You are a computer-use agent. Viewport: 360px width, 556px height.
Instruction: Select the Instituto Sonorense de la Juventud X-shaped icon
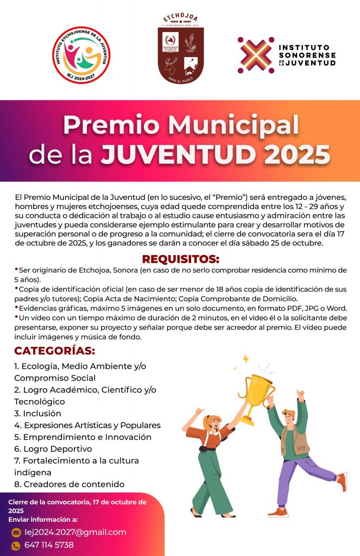(x=255, y=55)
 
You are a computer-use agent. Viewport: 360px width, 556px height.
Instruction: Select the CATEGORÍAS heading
(x=54, y=351)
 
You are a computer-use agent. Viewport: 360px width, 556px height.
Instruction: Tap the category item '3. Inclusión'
(x=37, y=413)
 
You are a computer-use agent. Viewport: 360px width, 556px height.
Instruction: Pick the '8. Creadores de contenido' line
(x=69, y=484)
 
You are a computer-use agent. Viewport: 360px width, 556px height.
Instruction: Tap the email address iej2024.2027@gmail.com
(x=75, y=532)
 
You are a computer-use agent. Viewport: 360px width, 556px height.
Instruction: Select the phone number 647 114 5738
(x=49, y=545)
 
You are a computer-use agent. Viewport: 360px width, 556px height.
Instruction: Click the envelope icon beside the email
(x=16, y=533)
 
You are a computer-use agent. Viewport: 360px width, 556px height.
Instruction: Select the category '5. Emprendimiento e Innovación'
(x=83, y=437)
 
